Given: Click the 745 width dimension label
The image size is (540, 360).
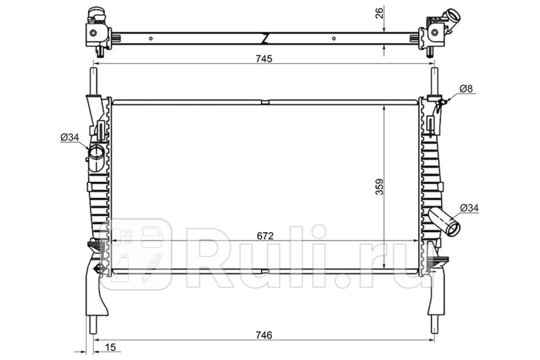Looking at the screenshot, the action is pos(264,59).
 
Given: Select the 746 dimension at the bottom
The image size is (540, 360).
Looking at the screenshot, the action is pos(264,335).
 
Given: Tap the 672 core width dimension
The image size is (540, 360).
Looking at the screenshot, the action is pos(265,236).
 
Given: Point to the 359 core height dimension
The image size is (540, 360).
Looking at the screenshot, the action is pos(379,186).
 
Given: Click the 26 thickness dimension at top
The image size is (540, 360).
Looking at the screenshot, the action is pos(379,13).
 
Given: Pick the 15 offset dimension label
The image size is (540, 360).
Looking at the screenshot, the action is pos(111,347).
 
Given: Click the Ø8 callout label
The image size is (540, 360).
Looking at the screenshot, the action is pos(466,89).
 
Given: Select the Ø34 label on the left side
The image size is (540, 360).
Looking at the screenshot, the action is pos(70,137).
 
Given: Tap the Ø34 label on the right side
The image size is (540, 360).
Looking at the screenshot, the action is pos(469,208).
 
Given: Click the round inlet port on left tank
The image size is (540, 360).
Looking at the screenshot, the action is pos(96,152).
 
